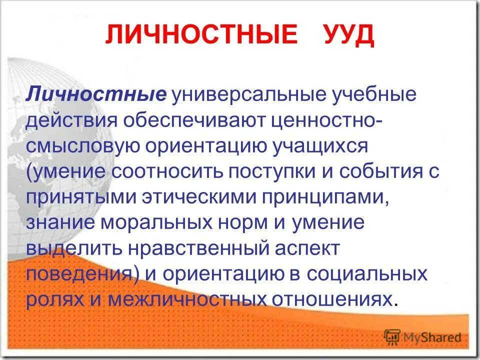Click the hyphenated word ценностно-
(328, 120)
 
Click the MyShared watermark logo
(422, 337)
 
